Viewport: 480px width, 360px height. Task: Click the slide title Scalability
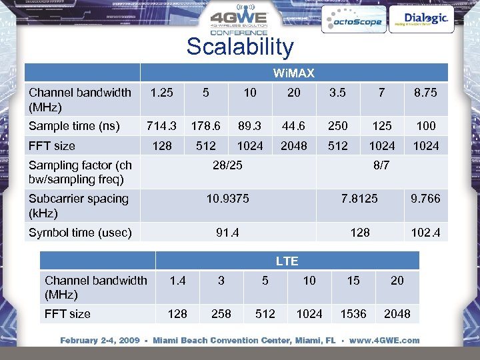[239, 47]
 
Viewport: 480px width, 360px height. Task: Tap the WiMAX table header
[293, 72]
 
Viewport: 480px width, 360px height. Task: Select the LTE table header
[287, 261]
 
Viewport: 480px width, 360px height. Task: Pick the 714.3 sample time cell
[162, 125]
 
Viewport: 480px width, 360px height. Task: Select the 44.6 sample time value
[293, 125]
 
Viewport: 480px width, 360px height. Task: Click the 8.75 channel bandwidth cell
[425, 93]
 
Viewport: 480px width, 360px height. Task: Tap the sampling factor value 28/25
[227, 165]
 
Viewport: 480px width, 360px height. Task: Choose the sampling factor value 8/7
[381, 165]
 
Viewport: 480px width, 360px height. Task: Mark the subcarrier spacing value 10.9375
[227, 199]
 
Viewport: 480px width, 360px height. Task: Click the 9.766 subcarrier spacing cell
[425, 199]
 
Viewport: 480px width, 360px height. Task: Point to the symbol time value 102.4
[425, 233]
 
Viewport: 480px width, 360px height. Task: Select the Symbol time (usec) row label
[80, 233]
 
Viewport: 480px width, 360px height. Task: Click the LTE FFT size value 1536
[353, 313]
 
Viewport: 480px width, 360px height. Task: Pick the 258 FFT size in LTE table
[221, 313]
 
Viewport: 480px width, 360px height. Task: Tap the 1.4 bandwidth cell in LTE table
[177, 281]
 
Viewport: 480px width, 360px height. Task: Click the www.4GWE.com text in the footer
[385, 341]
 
